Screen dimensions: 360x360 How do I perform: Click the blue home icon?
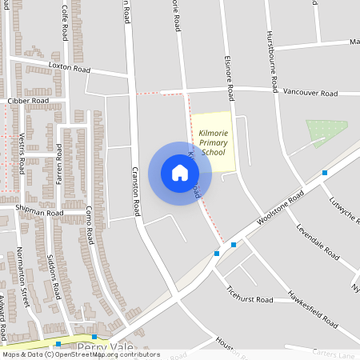tap(180, 173)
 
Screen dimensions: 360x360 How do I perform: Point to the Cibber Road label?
tap(28, 102)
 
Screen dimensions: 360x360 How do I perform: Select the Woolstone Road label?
tap(280, 208)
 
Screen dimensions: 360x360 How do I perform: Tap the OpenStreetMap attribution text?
tap(80, 354)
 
